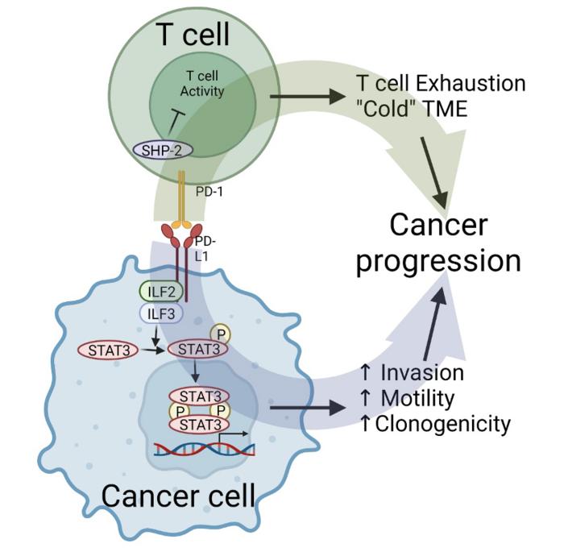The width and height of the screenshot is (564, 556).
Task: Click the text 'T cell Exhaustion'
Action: pyautogui.click(x=440, y=83)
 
